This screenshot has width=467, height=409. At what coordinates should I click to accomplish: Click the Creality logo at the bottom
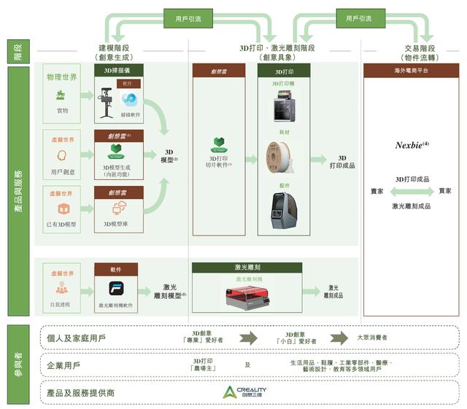click(x=244, y=392)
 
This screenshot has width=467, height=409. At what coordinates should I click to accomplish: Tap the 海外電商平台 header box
click(x=412, y=71)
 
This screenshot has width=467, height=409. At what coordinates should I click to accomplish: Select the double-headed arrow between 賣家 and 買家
click(x=412, y=192)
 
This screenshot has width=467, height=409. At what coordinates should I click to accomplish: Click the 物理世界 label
click(x=62, y=76)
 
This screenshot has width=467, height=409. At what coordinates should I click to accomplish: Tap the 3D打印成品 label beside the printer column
click(x=342, y=161)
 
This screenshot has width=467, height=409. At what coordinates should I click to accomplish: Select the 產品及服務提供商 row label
click(x=80, y=392)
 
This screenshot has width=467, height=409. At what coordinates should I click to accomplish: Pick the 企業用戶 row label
click(x=63, y=365)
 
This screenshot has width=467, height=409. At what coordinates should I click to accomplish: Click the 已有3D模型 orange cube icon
click(x=61, y=209)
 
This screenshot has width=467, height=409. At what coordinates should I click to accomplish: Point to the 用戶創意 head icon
click(x=61, y=155)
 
